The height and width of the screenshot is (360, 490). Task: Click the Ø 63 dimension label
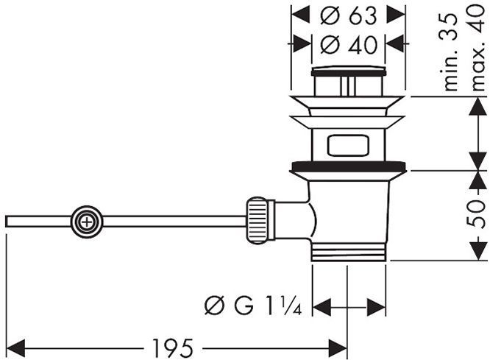pos(348,15)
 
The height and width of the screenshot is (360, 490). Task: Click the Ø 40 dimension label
pos(349,44)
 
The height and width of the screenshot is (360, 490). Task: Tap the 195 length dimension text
pos(172,347)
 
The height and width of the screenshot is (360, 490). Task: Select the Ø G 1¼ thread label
pos(253,306)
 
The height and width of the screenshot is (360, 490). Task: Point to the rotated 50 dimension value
pos(475,213)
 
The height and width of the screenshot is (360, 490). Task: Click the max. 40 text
pos(477,49)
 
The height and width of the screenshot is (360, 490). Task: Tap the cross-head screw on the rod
pos(87,222)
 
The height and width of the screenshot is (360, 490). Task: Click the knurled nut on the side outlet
pos(258,221)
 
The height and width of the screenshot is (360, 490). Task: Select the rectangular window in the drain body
pos(348,145)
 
